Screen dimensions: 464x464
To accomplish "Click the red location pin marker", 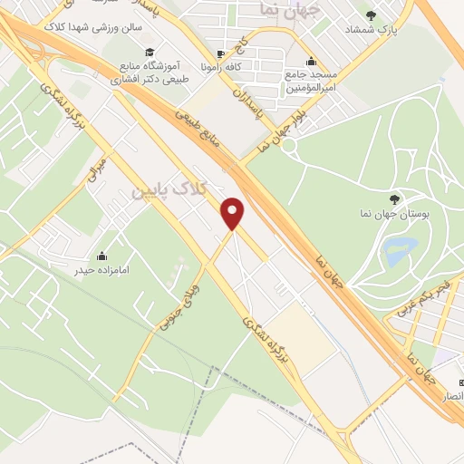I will coord(235,212).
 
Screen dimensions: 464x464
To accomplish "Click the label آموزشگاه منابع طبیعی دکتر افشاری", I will coord(150,72).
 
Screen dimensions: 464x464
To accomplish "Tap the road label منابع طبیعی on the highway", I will coord(203,118).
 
